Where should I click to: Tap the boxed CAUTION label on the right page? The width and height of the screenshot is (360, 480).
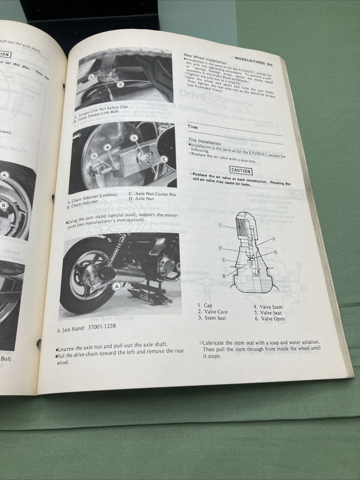pyautogui.click(x=241, y=171)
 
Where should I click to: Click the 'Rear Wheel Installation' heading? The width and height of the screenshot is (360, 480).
pyautogui.click(x=205, y=59)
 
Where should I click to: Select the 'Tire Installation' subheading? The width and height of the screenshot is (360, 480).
pyautogui.click(x=204, y=142)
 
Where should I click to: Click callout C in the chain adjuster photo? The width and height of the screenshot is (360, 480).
pyautogui.click(x=164, y=159)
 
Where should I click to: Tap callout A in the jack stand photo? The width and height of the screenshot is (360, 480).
pyautogui.click(x=117, y=286)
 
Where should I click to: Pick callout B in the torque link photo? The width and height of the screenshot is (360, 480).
pyautogui.click(x=120, y=84)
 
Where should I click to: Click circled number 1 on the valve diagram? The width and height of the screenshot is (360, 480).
pyautogui.click(x=220, y=225)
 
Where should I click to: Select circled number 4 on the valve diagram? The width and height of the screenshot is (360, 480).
pyautogui.click(x=274, y=239)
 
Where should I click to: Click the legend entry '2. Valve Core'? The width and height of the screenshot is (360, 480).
pyautogui.click(x=212, y=312)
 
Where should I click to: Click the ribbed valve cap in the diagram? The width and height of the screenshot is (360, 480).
pyautogui.click(x=242, y=224)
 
